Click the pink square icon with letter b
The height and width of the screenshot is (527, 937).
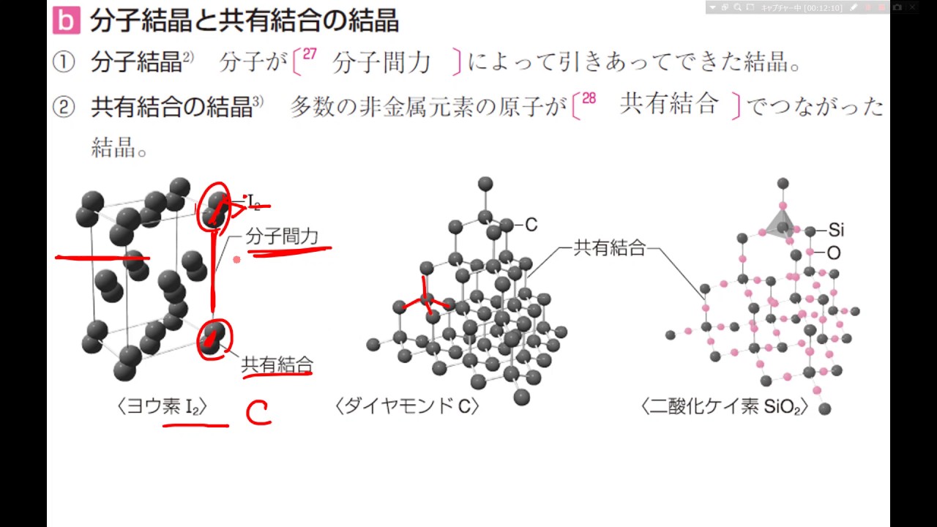[x=67, y=20]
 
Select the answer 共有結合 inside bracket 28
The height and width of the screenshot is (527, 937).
[x=668, y=105]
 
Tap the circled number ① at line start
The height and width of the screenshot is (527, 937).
[x=64, y=63]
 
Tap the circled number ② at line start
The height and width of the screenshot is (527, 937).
[x=64, y=108]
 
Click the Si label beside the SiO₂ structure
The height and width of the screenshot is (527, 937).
[x=836, y=230]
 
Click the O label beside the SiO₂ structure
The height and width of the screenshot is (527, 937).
[x=834, y=253]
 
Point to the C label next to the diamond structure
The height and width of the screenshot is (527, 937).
[x=531, y=225]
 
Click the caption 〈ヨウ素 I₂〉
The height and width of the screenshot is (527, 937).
[x=163, y=407]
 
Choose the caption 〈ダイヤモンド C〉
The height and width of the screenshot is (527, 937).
[x=406, y=407]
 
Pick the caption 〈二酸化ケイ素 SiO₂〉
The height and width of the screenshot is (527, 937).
[x=724, y=407]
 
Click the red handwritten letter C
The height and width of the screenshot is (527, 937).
[x=258, y=414]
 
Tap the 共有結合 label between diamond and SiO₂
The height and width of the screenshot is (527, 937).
[x=609, y=249]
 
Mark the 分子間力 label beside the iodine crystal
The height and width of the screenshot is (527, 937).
[x=282, y=236]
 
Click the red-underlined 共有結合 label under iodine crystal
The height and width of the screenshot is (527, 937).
[x=277, y=364]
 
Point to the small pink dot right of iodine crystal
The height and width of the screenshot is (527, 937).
[x=236, y=259]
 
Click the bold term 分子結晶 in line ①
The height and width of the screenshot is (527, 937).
[x=136, y=63]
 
